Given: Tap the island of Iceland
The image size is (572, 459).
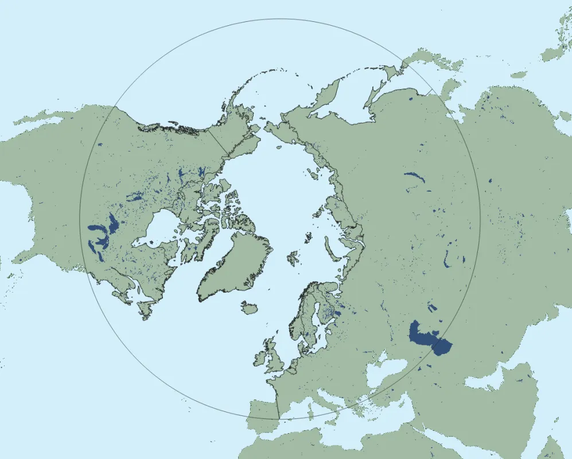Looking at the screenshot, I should (x=249, y=309).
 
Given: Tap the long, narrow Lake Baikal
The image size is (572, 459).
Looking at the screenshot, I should (x=415, y=177).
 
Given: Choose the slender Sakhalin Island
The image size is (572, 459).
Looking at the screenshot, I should (x=374, y=92).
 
